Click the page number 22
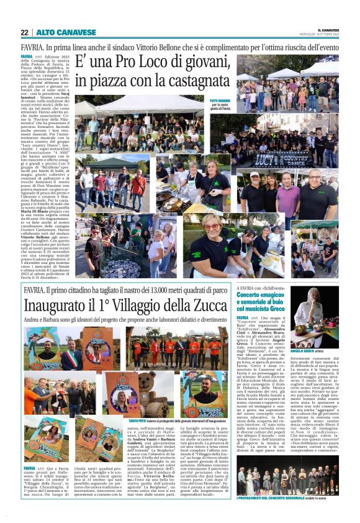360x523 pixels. tap(24, 33)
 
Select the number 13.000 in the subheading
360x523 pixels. tap(157, 291)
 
